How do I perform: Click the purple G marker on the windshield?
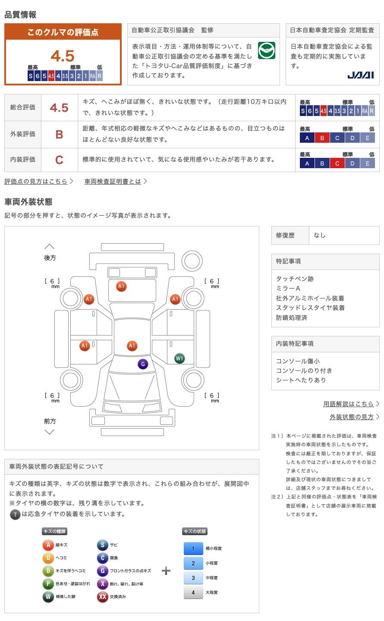click(x=143, y=364)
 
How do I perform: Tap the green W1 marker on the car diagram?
click(x=179, y=358)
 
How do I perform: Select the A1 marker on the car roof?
click(x=132, y=345)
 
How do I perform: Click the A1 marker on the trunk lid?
click(x=121, y=286)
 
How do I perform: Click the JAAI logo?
click(x=360, y=75)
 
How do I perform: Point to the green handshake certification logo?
click(x=266, y=50)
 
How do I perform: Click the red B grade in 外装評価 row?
click(x=59, y=135)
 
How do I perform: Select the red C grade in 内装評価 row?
click(x=59, y=160)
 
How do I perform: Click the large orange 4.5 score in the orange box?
click(x=63, y=56)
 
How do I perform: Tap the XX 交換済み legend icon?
click(x=102, y=596)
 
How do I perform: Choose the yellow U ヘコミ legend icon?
click(x=48, y=558)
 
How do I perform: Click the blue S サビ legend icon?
click(x=102, y=545)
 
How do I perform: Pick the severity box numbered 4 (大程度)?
click(x=193, y=593)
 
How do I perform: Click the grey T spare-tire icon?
click(x=15, y=514)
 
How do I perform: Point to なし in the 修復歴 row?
click(x=319, y=235)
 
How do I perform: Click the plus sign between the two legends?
click(x=166, y=571)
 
